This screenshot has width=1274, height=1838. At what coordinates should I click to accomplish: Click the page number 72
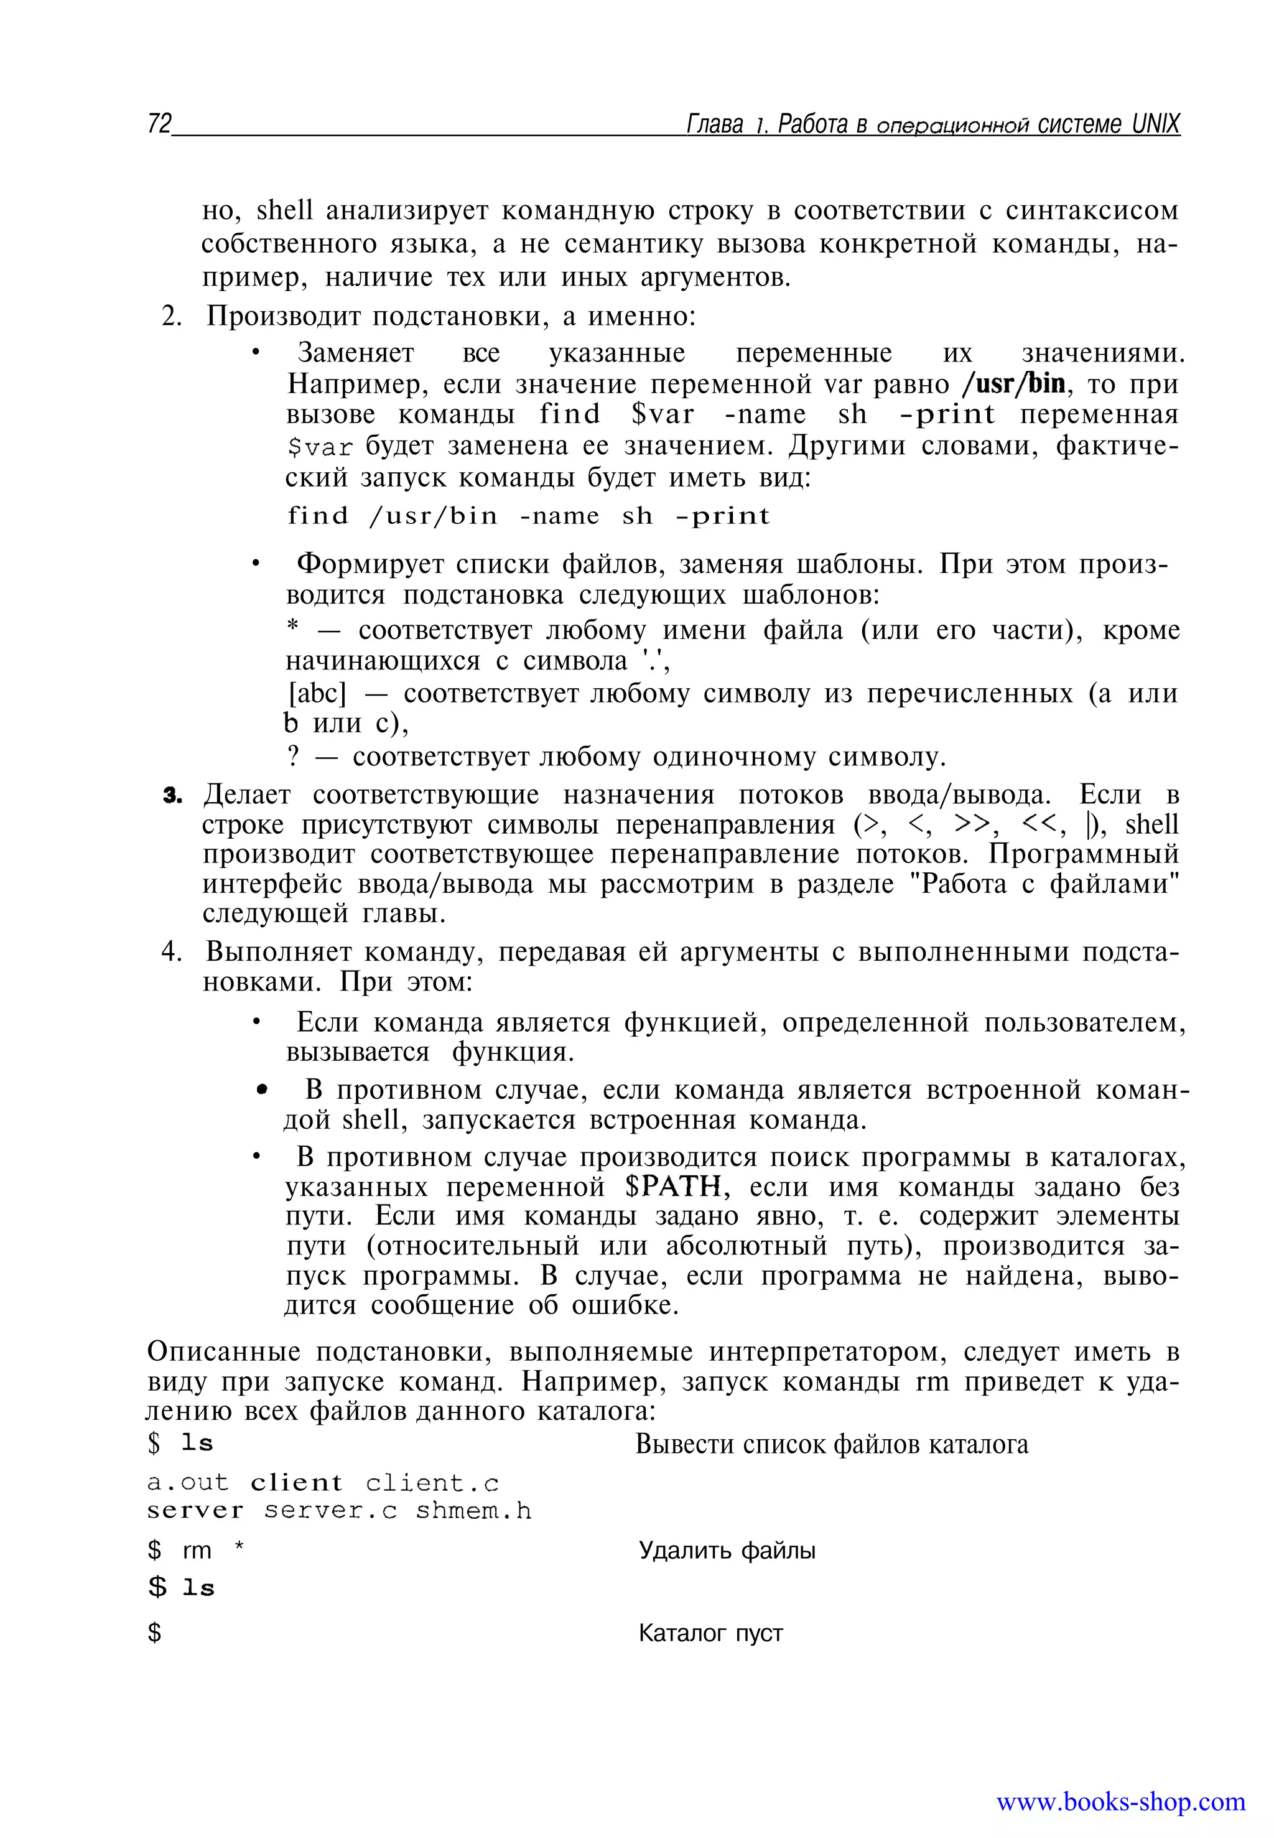159,124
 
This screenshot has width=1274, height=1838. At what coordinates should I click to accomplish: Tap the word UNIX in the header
1155,124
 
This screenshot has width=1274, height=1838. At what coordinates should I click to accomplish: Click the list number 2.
171,317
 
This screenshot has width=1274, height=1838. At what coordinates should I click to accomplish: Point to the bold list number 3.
172,796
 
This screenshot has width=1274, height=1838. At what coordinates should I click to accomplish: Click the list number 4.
171,952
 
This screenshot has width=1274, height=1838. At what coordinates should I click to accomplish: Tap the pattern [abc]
317,693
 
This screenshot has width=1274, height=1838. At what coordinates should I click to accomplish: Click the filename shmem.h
473,1511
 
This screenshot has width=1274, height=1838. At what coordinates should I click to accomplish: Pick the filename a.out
188,1483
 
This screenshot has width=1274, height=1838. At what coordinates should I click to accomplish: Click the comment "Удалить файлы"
727,1551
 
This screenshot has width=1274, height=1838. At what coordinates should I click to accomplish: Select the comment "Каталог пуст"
710,1633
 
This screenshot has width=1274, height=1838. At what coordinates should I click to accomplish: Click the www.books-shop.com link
1120,1802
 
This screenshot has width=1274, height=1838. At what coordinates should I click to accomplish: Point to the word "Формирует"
368,564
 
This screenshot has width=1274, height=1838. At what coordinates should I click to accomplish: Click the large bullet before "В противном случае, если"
262,1090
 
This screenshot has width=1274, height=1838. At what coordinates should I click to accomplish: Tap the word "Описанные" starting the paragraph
223,1352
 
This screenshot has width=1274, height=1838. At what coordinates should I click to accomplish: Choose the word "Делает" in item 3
248,795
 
